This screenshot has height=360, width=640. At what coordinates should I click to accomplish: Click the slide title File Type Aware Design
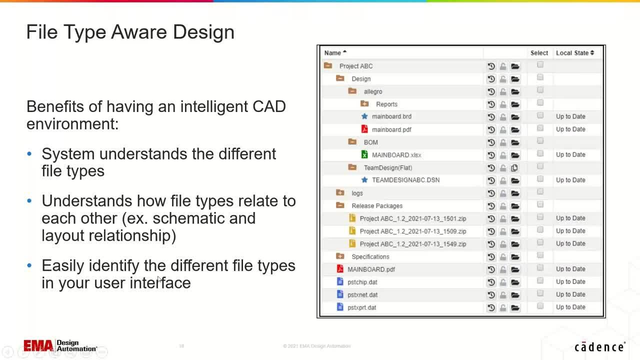click(130, 32)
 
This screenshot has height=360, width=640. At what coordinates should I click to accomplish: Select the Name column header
click(332, 53)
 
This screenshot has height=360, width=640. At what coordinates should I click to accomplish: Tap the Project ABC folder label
click(355, 66)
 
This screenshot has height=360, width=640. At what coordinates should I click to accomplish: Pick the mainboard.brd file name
click(391, 116)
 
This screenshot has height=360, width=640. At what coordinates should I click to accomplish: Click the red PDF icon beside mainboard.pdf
click(364, 129)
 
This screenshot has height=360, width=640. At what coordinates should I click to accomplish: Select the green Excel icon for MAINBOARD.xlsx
click(364, 154)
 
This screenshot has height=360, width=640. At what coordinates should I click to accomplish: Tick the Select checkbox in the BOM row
click(540, 141)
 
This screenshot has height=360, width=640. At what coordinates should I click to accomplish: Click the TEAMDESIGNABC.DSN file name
click(405, 180)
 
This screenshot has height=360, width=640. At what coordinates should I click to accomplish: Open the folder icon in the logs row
click(515, 193)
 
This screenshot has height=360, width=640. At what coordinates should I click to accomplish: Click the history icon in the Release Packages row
click(491, 206)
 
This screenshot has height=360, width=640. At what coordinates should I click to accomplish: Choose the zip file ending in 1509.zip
click(412, 231)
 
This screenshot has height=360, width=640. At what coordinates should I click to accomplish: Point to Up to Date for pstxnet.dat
click(570, 294)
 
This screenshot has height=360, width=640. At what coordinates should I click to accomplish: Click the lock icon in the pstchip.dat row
click(503, 282)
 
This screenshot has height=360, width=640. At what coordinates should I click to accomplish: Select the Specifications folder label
click(370, 256)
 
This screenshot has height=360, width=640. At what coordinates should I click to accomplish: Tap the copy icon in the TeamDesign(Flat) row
click(514, 168)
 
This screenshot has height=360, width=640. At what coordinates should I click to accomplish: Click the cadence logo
click(599, 347)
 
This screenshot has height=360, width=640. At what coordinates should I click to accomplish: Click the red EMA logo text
click(38, 345)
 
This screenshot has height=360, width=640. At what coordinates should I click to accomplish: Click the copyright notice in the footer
click(316, 346)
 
